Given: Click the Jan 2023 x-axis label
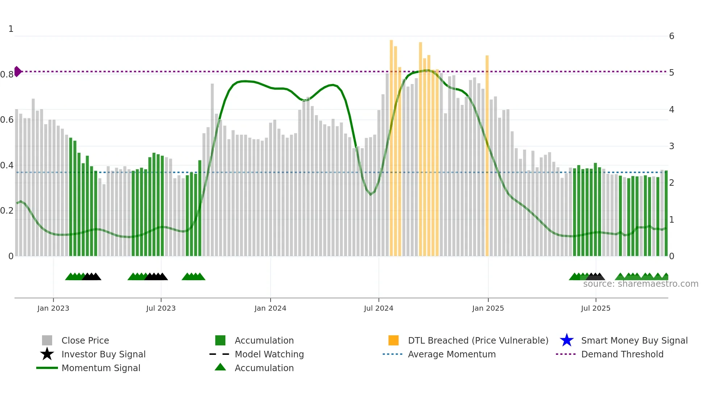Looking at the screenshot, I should (53, 308).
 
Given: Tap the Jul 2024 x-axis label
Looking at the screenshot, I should (379, 308).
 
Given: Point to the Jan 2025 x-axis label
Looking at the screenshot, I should (488, 308).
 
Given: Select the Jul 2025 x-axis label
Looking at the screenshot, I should (596, 308).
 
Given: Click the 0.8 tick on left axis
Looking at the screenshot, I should (7, 75).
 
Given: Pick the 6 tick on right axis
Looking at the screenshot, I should (672, 36).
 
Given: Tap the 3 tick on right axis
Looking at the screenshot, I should (672, 146).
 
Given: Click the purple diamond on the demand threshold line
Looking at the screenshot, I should (17, 71).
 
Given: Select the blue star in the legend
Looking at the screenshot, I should (567, 340).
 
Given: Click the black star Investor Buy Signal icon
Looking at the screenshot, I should (47, 354).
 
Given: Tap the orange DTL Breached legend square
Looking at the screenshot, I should (393, 340).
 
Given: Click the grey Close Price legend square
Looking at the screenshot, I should (47, 340).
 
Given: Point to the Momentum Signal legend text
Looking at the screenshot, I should (101, 368).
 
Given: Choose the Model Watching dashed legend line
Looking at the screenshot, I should (220, 354).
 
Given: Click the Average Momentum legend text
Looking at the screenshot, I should (452, 354).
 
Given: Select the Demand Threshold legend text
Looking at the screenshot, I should (622, 354).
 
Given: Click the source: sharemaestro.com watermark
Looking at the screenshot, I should (640, 284).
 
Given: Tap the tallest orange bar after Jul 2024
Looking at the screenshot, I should (391, 145).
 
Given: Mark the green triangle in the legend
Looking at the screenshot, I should (220, 367).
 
